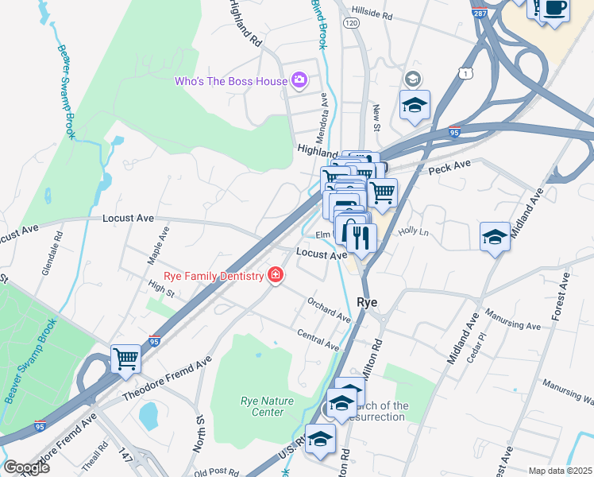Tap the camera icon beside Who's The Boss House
(x=299, y=79)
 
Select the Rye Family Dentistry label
(x=213, y=276)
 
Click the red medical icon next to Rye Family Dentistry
(x=276, y=275)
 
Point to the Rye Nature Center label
(x=262, y=406)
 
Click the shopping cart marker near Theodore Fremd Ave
(x=125, y=359)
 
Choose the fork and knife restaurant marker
(x=361, y=235)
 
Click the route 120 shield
(x=350, y=24)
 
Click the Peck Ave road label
(x=449, y=165)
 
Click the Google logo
(x=25, y=467)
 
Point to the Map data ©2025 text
(x=559, y=471)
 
